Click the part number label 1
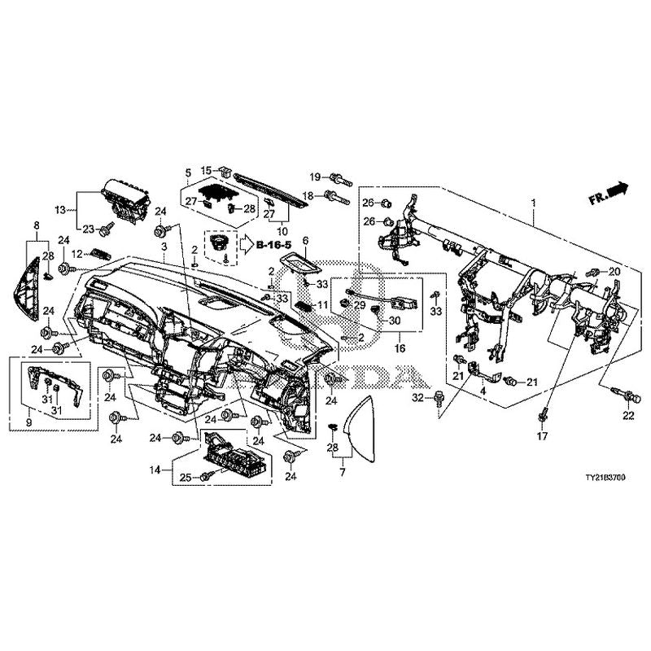[533, 201]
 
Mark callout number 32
[417, 398]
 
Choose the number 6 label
[306, 241]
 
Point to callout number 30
[395, 321]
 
